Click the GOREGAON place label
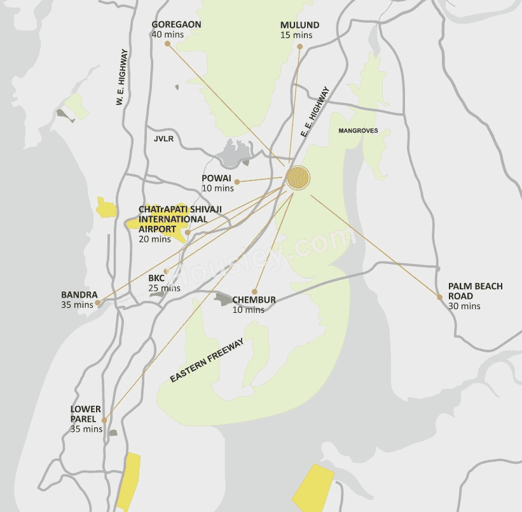point(176,25)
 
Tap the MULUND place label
point(299,25)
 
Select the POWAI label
point(216,178)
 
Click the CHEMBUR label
point(254,300)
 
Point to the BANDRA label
point(79,295)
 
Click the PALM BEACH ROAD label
point(475,291)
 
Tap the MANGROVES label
point(358,130)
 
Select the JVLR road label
point(163,138)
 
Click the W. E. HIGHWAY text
point(123,77)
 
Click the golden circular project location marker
point(298,178)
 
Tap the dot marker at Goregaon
point(167,44)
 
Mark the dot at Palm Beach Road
point(439,297)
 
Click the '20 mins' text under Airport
point(155,239)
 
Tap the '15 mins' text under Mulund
point(296,35)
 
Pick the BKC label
point(156,278)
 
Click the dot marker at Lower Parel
point(104,420)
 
